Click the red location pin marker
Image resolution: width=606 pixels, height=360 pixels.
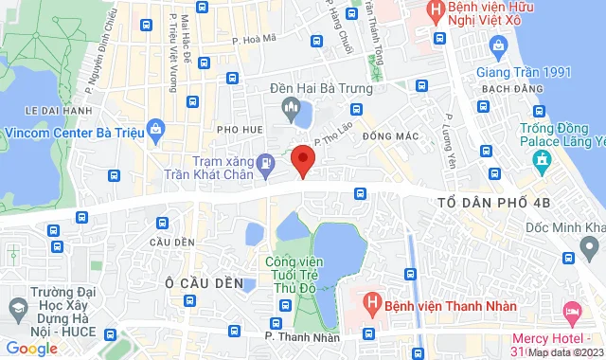point(302,160)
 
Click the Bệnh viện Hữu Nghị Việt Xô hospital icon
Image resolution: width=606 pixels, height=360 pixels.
point(435,12)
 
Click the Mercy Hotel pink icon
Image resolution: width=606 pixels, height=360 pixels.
point(572,312)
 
